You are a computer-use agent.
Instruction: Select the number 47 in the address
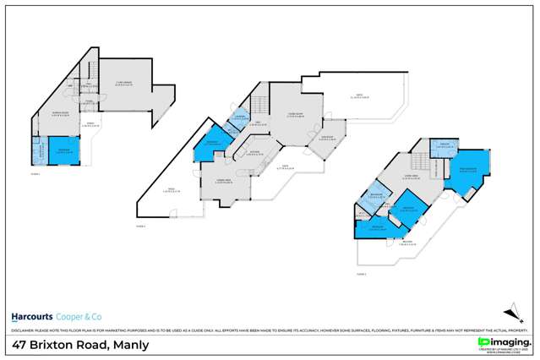click(21, 345)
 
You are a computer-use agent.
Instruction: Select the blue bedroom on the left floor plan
click(63, 150)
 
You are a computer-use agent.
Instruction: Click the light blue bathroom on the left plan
click(37, 152)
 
